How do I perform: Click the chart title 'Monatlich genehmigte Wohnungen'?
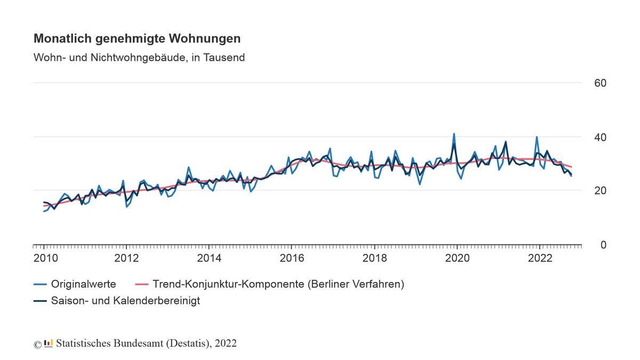[x=137, y=38]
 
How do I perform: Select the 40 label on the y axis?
[x=600, y=137]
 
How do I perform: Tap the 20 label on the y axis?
[x=600, y=190]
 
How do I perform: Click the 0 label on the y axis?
[x=603, y=245]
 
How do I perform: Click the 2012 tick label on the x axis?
[x=126, y=258]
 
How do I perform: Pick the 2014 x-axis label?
[x=209, y=258]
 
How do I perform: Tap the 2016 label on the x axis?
[x=292, y=258]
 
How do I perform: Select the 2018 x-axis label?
[x=374, y=258]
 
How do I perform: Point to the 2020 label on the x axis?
[x=457, y=258]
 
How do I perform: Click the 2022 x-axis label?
[x=540, y=258]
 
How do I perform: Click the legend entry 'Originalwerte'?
[x=83, y=284]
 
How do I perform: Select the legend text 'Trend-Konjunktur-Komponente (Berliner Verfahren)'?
[x=278, y=284]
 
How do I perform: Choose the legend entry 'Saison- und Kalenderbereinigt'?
[x=125, y=301]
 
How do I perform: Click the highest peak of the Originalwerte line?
[x=454, y=134]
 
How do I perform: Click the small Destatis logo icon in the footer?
[x=49, y=343]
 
